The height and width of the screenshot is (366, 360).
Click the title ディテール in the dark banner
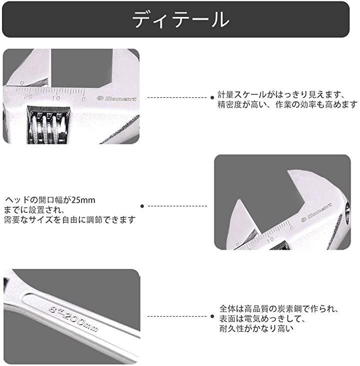coord(180,19)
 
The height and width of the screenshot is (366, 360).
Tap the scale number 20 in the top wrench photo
coord(28,97)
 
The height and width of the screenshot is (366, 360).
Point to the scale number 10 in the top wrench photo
coord(56,98)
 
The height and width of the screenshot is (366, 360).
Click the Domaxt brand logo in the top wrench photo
coord(116,98)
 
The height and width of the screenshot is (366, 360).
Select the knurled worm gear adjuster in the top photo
coord(48,126)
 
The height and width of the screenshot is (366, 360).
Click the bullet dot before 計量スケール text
coord(212,97)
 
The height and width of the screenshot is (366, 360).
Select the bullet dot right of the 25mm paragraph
coord(142,206)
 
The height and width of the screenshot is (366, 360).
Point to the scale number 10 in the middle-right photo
coord(270,239)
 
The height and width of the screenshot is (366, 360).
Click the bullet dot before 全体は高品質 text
coord(212,317)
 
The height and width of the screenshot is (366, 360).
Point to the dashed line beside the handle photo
coord(177,317)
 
